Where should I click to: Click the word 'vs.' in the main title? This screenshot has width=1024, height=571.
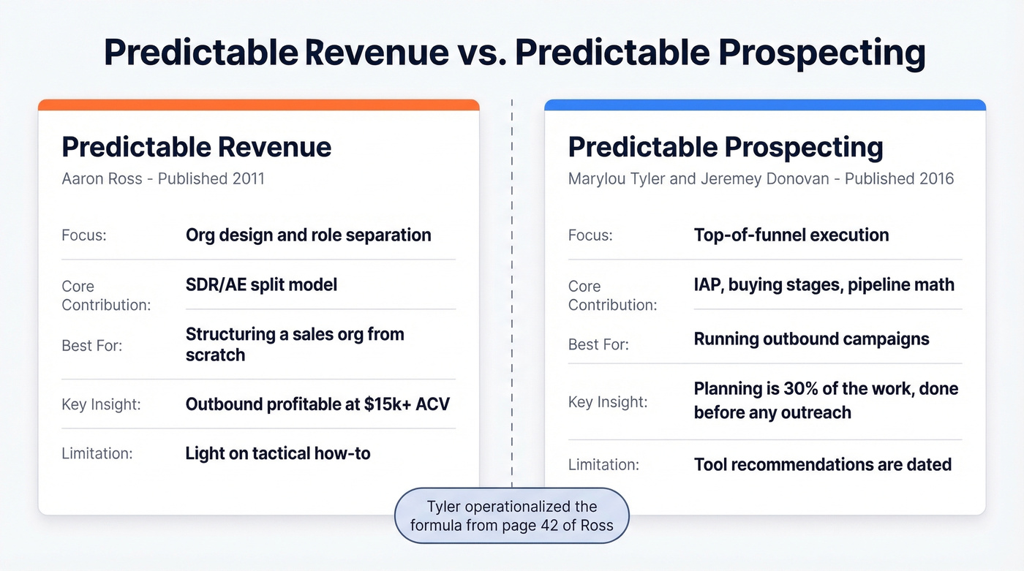pyautogui.click(x=483, y=53)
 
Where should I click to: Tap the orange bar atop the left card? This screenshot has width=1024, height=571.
pyautogui.click(x=259, y=105)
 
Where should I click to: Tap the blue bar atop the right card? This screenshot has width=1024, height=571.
pyautogui.click(x=765, y=105)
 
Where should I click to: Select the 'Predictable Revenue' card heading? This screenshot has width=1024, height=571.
pyautogui.click(x=197, y=147)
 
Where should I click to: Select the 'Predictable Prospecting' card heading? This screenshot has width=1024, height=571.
pyautogui.click(x=726, y=147)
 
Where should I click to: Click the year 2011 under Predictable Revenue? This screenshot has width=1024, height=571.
pyautogui.click(x=246, y=178)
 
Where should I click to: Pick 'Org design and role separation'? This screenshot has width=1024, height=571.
pyautogui.click(x=308, y=235)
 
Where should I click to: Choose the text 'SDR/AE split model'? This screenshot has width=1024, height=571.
pyautogui.click(x=261, y=284)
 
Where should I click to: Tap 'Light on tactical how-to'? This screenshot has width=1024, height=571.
pyautogui.click(x=278, y=453)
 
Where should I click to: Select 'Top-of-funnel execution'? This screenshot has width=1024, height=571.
pyautogui.click(x=791, y=235)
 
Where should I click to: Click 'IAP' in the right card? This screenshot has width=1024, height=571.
pyautogui.click(x=707, y=284)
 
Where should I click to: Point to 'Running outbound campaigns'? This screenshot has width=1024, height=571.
pyautogui.click(x=811, y=339)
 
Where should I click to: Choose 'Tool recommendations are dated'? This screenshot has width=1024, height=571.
pyautogui.click(x=822, y=464)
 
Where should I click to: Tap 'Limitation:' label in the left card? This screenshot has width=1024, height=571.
pyautogui.click(x=97, y=453)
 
